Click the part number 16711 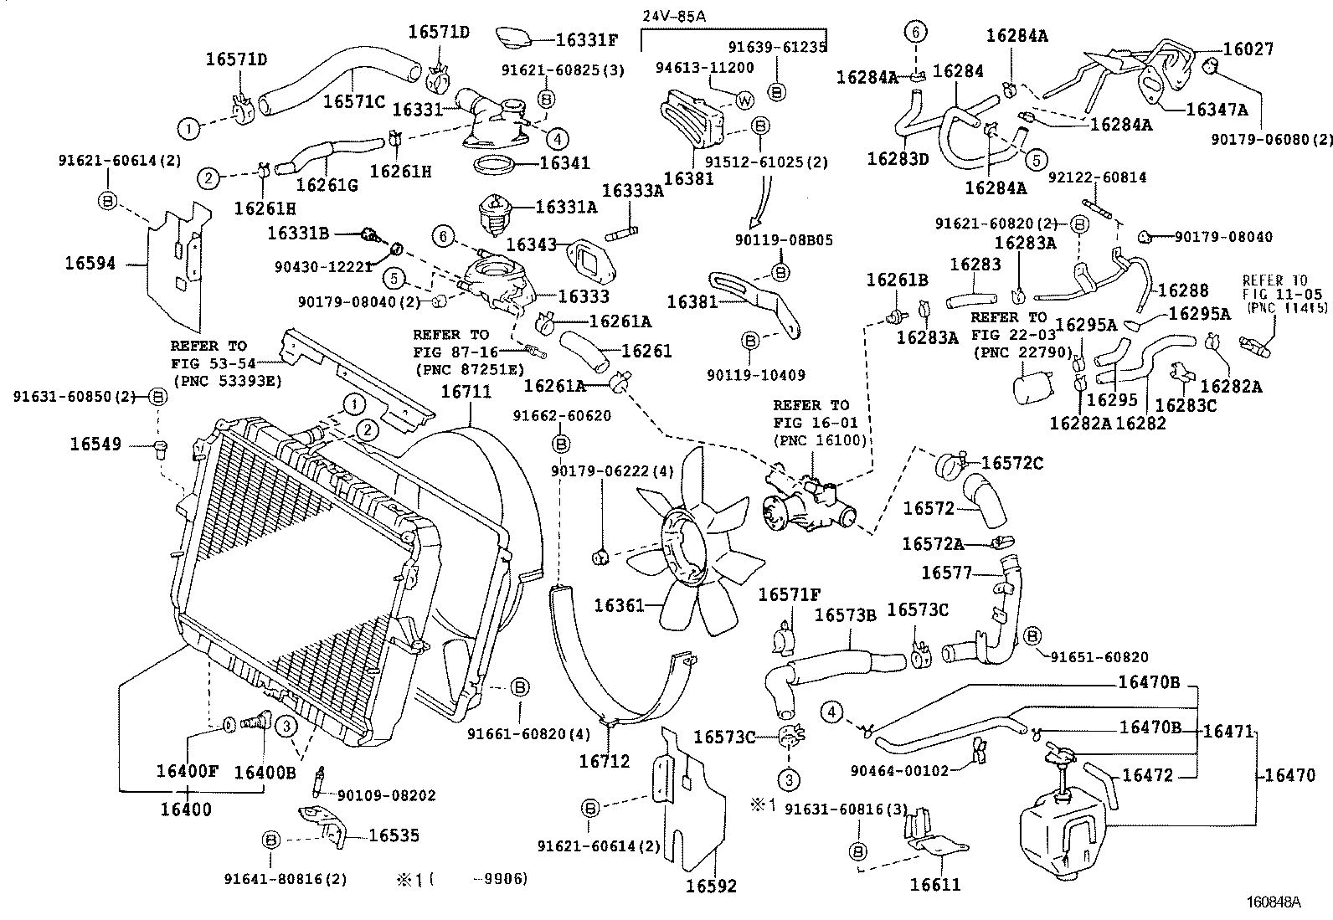[x=466, y=392]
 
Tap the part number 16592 [x=711, y=886]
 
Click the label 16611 [x=934, y=885]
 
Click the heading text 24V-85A [x=673, y=16]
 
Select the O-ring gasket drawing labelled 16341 [x=496, y=162]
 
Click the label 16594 [x=90, y=264]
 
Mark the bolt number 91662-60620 [x=562, y=415]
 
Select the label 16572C [x=1012, y=463]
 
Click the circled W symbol [x=744, y=100]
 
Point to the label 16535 [x=394, y=835]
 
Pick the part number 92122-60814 [x=1097, y=177]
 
